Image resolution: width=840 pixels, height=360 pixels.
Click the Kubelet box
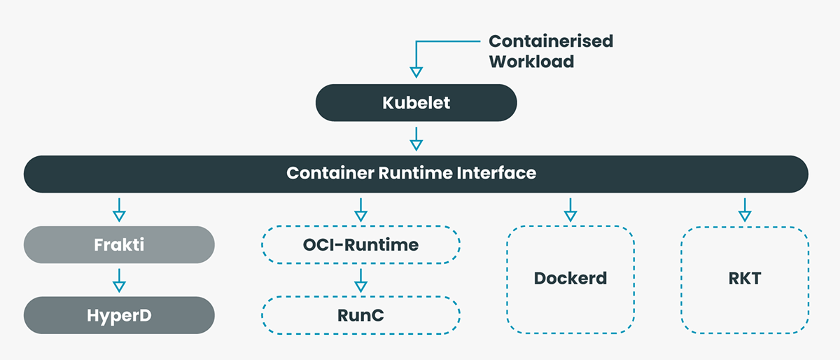coord(416,103)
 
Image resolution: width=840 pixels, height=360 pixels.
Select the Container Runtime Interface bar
coord(416,174)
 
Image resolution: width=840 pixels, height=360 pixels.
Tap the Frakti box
coord(118,245)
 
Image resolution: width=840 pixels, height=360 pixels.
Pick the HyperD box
coord(118,315)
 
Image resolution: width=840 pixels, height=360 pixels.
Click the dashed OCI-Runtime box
coord(360,245)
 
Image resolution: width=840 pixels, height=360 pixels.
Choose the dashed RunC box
coord(360,315)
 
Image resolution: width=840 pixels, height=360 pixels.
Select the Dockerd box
coord(570,278)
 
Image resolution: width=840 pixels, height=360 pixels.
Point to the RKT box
coord(744,278)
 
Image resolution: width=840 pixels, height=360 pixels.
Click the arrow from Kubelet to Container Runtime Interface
coord(416,139)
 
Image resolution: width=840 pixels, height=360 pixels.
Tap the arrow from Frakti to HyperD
coord(118,279)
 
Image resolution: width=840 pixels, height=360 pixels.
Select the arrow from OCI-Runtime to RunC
coord(360,279)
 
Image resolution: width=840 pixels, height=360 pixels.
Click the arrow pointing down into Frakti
coord(118,209)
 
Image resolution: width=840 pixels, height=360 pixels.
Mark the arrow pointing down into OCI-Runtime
coord(360,209)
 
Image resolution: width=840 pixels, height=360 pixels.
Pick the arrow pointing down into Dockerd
coord(570,209)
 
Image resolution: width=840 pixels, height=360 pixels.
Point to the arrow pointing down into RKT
coord(744,209)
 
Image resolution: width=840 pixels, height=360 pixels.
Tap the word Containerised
coord(550,41)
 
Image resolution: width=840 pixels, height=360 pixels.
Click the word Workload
coord(531,61)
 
